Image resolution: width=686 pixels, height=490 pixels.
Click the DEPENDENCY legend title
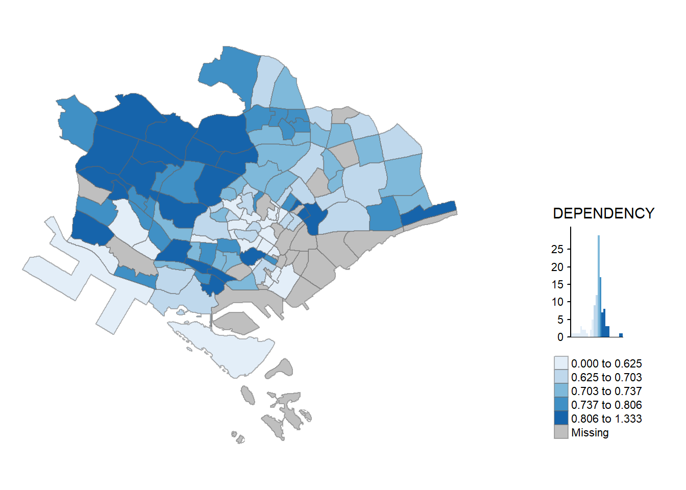603,213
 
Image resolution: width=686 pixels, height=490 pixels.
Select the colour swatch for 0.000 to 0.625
561,363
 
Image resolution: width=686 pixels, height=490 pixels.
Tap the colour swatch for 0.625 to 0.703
561,377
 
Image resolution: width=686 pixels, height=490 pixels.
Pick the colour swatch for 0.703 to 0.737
561,391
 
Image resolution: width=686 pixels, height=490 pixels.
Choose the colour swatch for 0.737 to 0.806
561,405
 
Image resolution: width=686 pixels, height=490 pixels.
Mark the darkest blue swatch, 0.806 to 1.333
561,419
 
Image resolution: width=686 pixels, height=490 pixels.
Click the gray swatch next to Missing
561,432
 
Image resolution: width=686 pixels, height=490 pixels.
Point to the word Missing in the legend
590,433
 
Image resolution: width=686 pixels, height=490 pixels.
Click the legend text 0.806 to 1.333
606,419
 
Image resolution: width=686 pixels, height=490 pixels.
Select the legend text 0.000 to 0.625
606,364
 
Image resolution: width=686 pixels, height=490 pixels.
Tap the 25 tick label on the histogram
557,249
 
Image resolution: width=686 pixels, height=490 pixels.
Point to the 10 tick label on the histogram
557,302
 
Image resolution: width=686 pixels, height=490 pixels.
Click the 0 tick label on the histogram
560,337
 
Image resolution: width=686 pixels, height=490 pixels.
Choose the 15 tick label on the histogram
557,284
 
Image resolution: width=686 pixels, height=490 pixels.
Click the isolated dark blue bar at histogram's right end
621,335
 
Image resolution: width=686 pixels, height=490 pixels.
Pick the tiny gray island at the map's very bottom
238,437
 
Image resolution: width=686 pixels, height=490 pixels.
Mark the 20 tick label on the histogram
557,267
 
